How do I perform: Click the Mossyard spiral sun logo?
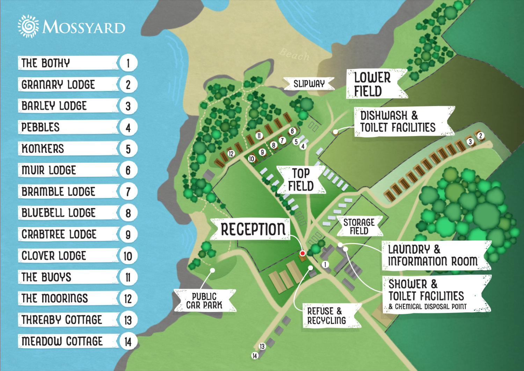coord(28,26)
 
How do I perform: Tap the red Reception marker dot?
coord(303,253)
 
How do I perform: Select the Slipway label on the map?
coord(309,84)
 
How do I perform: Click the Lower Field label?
coord(372,84)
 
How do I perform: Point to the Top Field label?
coord(301,180)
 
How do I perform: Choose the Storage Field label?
coord(359,227)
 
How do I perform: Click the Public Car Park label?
coord(204,301)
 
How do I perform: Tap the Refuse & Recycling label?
coord(327,316)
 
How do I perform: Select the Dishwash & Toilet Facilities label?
coord(398,121)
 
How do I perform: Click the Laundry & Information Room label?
coord(432,255)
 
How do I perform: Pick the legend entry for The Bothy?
coord(68,63)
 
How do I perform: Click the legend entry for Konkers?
coord(68,149)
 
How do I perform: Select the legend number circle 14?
coord(128,342)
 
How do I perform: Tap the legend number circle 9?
coord(128,235)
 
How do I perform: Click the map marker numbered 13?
coord(262,347)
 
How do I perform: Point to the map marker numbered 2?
coord(481,136)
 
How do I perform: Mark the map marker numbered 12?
coord(231,154)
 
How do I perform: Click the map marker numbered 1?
coord(325,264)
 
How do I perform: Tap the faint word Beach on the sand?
coord(294,55)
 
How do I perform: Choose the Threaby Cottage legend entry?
coord(68,320)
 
